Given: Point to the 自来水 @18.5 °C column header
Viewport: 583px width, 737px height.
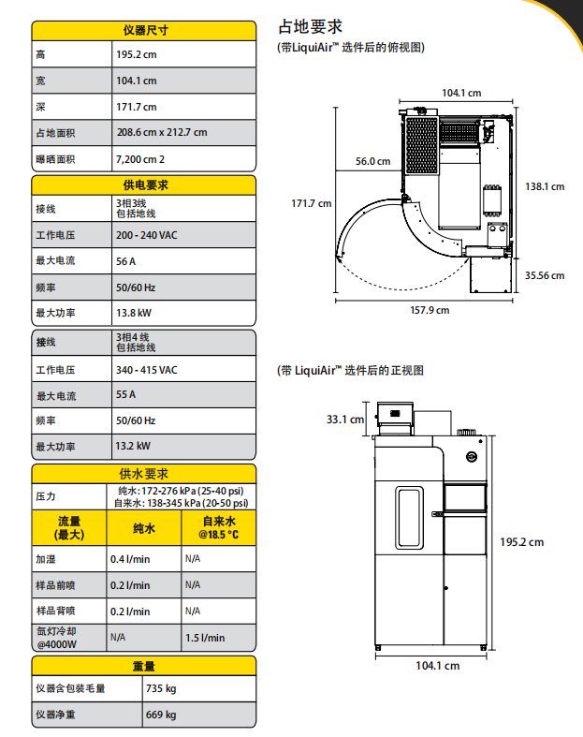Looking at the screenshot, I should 217,528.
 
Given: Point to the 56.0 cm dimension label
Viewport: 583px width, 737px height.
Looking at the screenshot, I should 372,161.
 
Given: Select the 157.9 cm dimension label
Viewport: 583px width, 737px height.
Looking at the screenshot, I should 430,310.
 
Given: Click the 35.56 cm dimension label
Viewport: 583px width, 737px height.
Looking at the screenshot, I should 545,275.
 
